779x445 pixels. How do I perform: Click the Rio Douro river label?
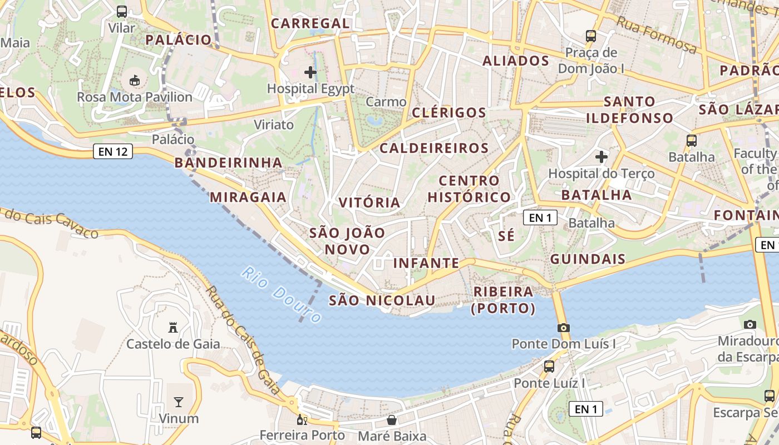click(282, 295)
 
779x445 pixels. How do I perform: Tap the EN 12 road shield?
click(114, 151)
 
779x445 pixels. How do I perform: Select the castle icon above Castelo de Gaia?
click(173, 328)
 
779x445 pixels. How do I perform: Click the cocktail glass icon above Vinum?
click(179, 402)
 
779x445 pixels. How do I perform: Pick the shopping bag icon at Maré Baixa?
click(392, 420)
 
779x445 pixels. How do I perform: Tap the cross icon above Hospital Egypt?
click(310, 72)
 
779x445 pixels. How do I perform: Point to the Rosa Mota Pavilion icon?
click(135, 81)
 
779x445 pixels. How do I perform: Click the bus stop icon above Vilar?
click(122, 12)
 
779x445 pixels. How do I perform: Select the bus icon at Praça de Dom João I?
click(591, 36)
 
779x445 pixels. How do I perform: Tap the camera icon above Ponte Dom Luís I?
click(564, 328)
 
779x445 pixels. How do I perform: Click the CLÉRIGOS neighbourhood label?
click(449, 112)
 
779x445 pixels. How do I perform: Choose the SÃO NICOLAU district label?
click(382, 300)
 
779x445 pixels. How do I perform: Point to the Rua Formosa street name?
click(656, 35)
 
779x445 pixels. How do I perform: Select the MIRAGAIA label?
click(248, 197)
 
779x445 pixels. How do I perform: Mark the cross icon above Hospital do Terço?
click(601, 157)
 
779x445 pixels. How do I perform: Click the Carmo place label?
click(386, 102)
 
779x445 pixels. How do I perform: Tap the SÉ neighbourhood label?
click(506, 236)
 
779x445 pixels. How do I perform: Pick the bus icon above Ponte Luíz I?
click(549, 366)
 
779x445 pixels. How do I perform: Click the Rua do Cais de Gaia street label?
click(243, 339)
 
